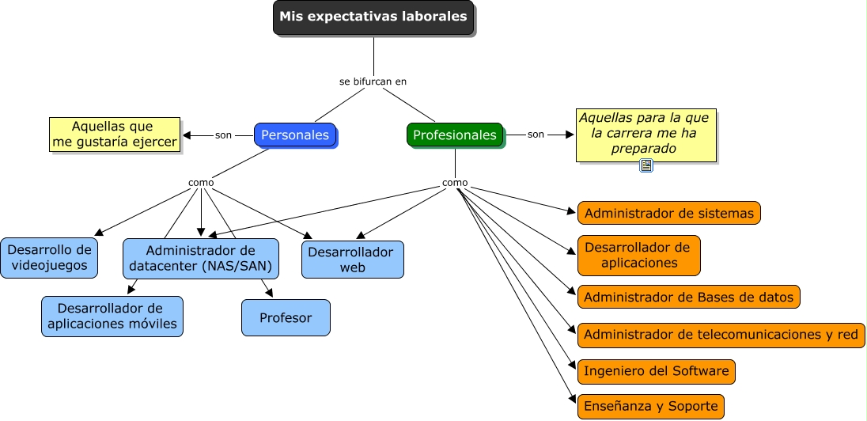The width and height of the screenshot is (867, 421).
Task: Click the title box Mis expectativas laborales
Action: (373, 17)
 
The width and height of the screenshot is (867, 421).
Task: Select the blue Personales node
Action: (295, 135)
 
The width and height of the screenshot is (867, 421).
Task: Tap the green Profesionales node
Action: (455, 135)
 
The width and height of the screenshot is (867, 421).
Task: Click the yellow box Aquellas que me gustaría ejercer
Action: (115, 135)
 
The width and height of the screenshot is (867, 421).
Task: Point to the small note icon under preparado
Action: (646, 165)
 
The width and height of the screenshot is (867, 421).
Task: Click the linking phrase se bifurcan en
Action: (373, 81)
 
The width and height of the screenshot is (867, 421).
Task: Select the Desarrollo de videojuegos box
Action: (49, 258)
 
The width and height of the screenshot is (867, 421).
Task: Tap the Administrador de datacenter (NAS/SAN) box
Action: (201, 258)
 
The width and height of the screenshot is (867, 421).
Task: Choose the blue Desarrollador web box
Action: (352, 260)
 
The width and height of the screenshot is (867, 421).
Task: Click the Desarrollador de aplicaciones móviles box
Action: (112, 316)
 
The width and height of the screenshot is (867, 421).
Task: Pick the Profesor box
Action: (286, 318)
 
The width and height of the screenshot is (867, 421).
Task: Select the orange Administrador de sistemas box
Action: (669, 213)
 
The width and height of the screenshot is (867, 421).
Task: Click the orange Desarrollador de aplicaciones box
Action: (639, 255)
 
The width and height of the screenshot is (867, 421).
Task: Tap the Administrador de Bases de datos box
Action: (689, 297)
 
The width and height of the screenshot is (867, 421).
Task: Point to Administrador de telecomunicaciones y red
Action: (721, 335)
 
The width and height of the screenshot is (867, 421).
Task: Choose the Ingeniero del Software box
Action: (656, 371)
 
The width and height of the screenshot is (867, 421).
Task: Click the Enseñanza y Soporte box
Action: (650, 407)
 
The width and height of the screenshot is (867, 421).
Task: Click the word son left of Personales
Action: (223, 135)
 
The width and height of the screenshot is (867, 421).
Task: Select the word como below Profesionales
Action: (455, 183)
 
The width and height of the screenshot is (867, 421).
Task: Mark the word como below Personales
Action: (201, 183)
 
